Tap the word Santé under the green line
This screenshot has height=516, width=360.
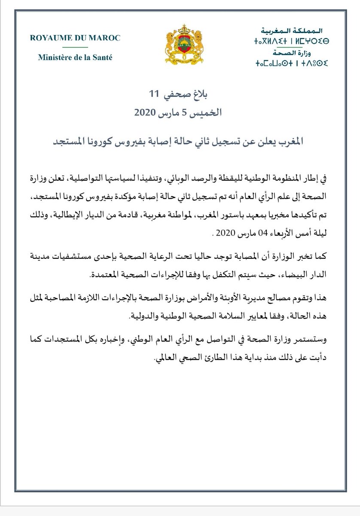pyautogui.click(x=102, y=57)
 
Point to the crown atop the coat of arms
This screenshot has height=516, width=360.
pyautogui.click(x=180, y=30)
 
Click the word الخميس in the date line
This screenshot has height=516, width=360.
pyautogui.click(x=209, y=113)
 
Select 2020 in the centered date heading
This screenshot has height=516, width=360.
pyautogui.click(x=147, y=114)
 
